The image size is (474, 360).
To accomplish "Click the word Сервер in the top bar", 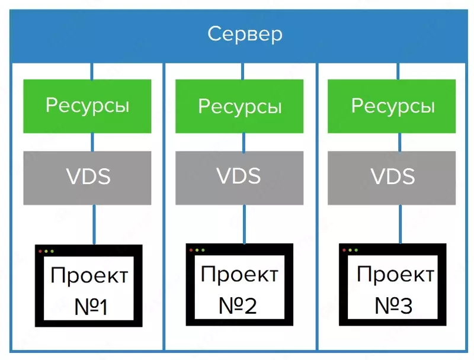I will click(245, 34).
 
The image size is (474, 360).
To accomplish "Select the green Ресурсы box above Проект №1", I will click(87, 106).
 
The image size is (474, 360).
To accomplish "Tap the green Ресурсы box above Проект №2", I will click(240, 107).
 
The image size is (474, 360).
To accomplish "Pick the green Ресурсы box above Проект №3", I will click(393, 106).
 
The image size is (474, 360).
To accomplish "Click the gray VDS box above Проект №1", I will click(87, 177).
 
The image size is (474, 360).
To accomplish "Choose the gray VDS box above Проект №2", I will click(240, 177).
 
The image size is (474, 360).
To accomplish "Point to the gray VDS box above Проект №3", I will click(393, 177).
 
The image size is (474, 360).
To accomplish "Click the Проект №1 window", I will click(89, 286).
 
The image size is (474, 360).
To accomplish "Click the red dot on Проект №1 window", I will click(41, 252).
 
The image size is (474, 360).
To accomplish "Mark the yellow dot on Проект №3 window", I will click(351, 250).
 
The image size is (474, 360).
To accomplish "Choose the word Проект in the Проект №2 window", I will click(239, 275).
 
